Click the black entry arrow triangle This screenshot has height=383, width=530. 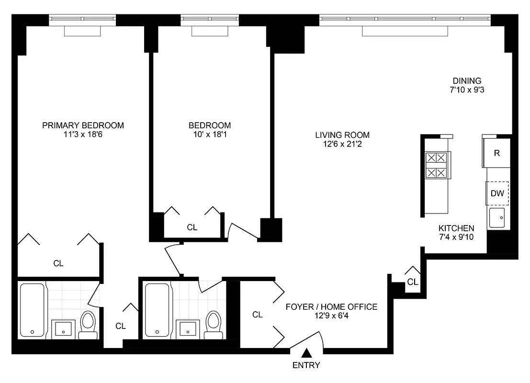(307, 353)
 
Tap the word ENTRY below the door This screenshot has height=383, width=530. (307, 365)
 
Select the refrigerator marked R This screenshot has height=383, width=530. (496, 153)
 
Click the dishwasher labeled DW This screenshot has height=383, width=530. (497, 193)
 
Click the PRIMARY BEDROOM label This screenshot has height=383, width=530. (83, 125)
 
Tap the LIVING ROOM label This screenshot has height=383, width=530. (342, 135)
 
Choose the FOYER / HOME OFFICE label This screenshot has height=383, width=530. (331, 307)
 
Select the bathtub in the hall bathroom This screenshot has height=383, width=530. (158, 310)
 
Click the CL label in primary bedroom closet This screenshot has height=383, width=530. (58, 263)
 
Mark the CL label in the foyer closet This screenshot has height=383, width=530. (258, 315)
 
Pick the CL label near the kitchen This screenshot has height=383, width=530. (413, 282)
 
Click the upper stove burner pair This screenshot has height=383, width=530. (436, 158)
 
